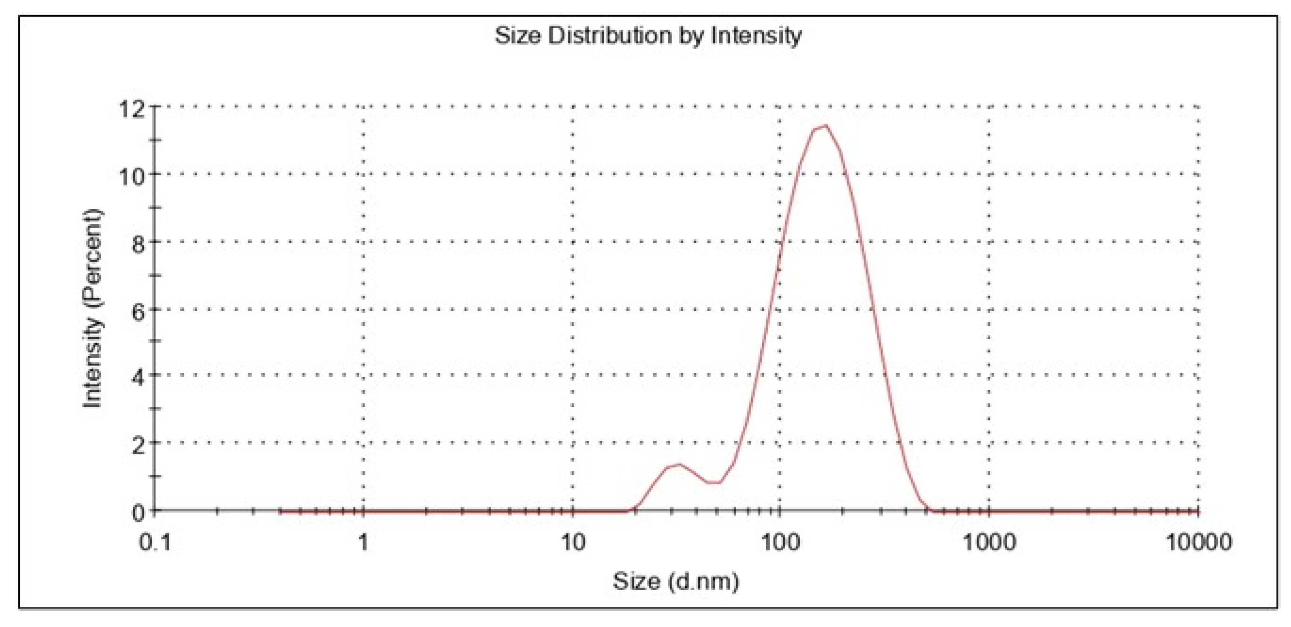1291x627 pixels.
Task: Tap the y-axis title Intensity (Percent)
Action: coord(93,309)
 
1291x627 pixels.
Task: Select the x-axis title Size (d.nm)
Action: coord(675,581)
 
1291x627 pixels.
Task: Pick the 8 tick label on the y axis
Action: coord(138,244)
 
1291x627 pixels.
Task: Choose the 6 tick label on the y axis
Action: coord(138,311)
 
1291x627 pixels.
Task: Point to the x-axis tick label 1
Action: coord(363,542)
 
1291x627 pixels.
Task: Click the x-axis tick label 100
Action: coord(780,542)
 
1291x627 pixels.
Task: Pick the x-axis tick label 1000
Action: coord(989,542)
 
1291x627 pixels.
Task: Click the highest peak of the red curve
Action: coord(824,126)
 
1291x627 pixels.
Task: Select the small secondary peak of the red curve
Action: coord(679,464)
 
